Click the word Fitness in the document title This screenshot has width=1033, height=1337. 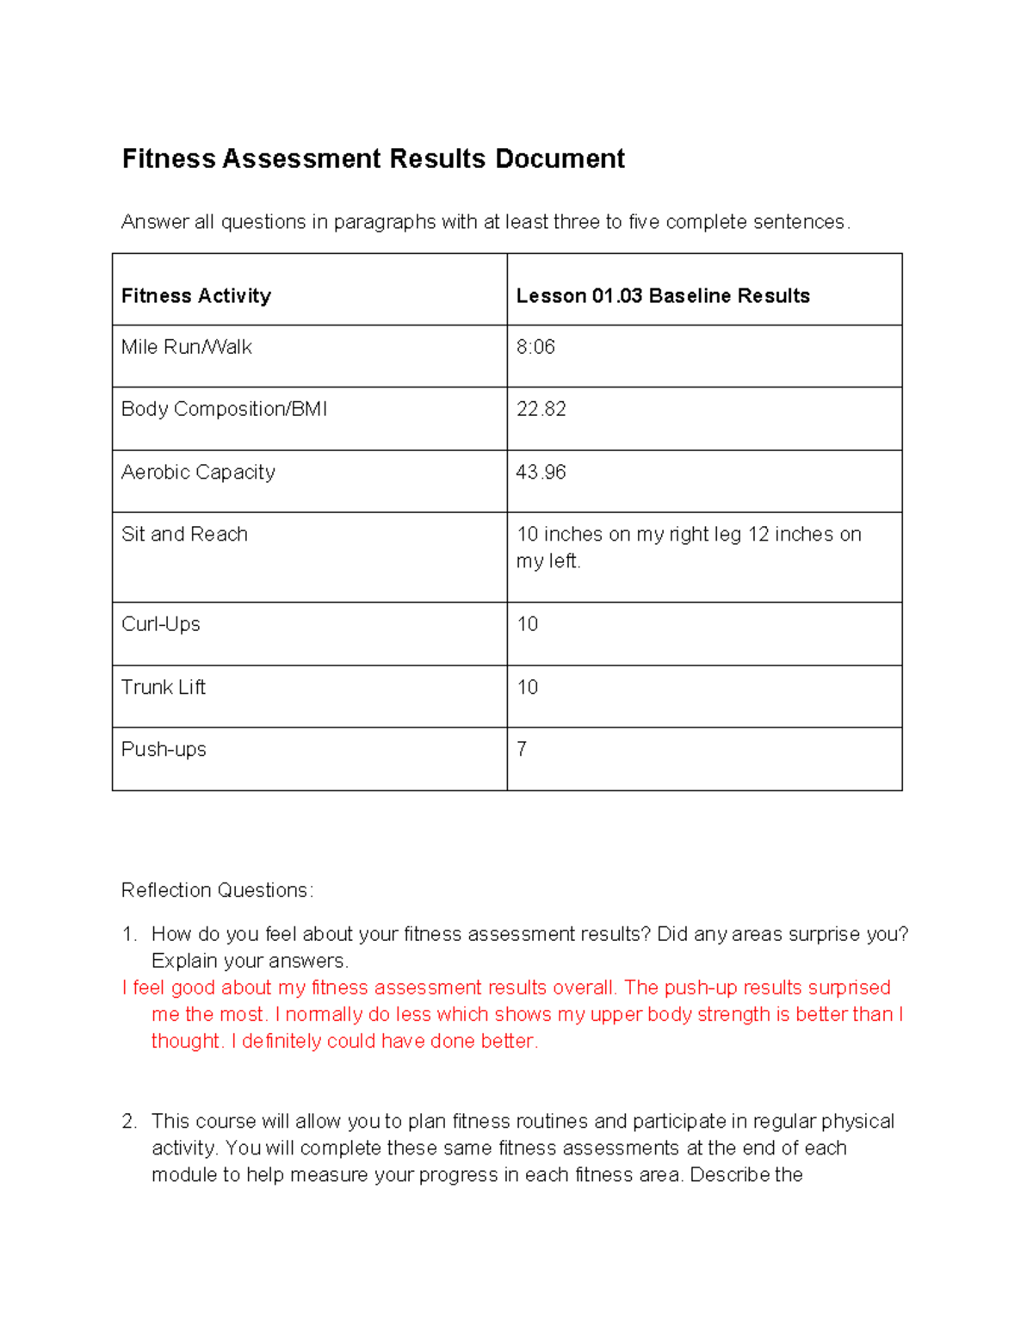coord(169,159)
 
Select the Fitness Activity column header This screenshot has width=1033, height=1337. coord(196,296)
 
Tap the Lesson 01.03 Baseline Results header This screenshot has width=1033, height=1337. coord(663,296)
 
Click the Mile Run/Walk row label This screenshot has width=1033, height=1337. coord(187,347)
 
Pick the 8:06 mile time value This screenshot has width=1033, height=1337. coord(535,347)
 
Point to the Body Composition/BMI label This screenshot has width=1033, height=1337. coord(224,409)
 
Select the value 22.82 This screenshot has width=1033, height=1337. coord(541,409)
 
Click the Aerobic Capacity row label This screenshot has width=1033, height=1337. coord(198,472)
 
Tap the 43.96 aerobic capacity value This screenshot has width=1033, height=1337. coord(541,472)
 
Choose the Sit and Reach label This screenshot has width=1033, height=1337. coord(184,535)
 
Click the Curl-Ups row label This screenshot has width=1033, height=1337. coord(161,624)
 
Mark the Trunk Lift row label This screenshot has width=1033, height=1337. coord(164,687)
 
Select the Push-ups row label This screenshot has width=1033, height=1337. coord(164,749)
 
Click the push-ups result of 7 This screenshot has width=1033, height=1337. coord(522,749)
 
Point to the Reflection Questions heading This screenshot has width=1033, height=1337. coord(217,890)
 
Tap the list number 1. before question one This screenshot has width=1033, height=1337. coord(129,935)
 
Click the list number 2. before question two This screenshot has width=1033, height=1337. coord(129,1122)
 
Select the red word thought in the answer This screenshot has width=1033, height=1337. coord(186,1042)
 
